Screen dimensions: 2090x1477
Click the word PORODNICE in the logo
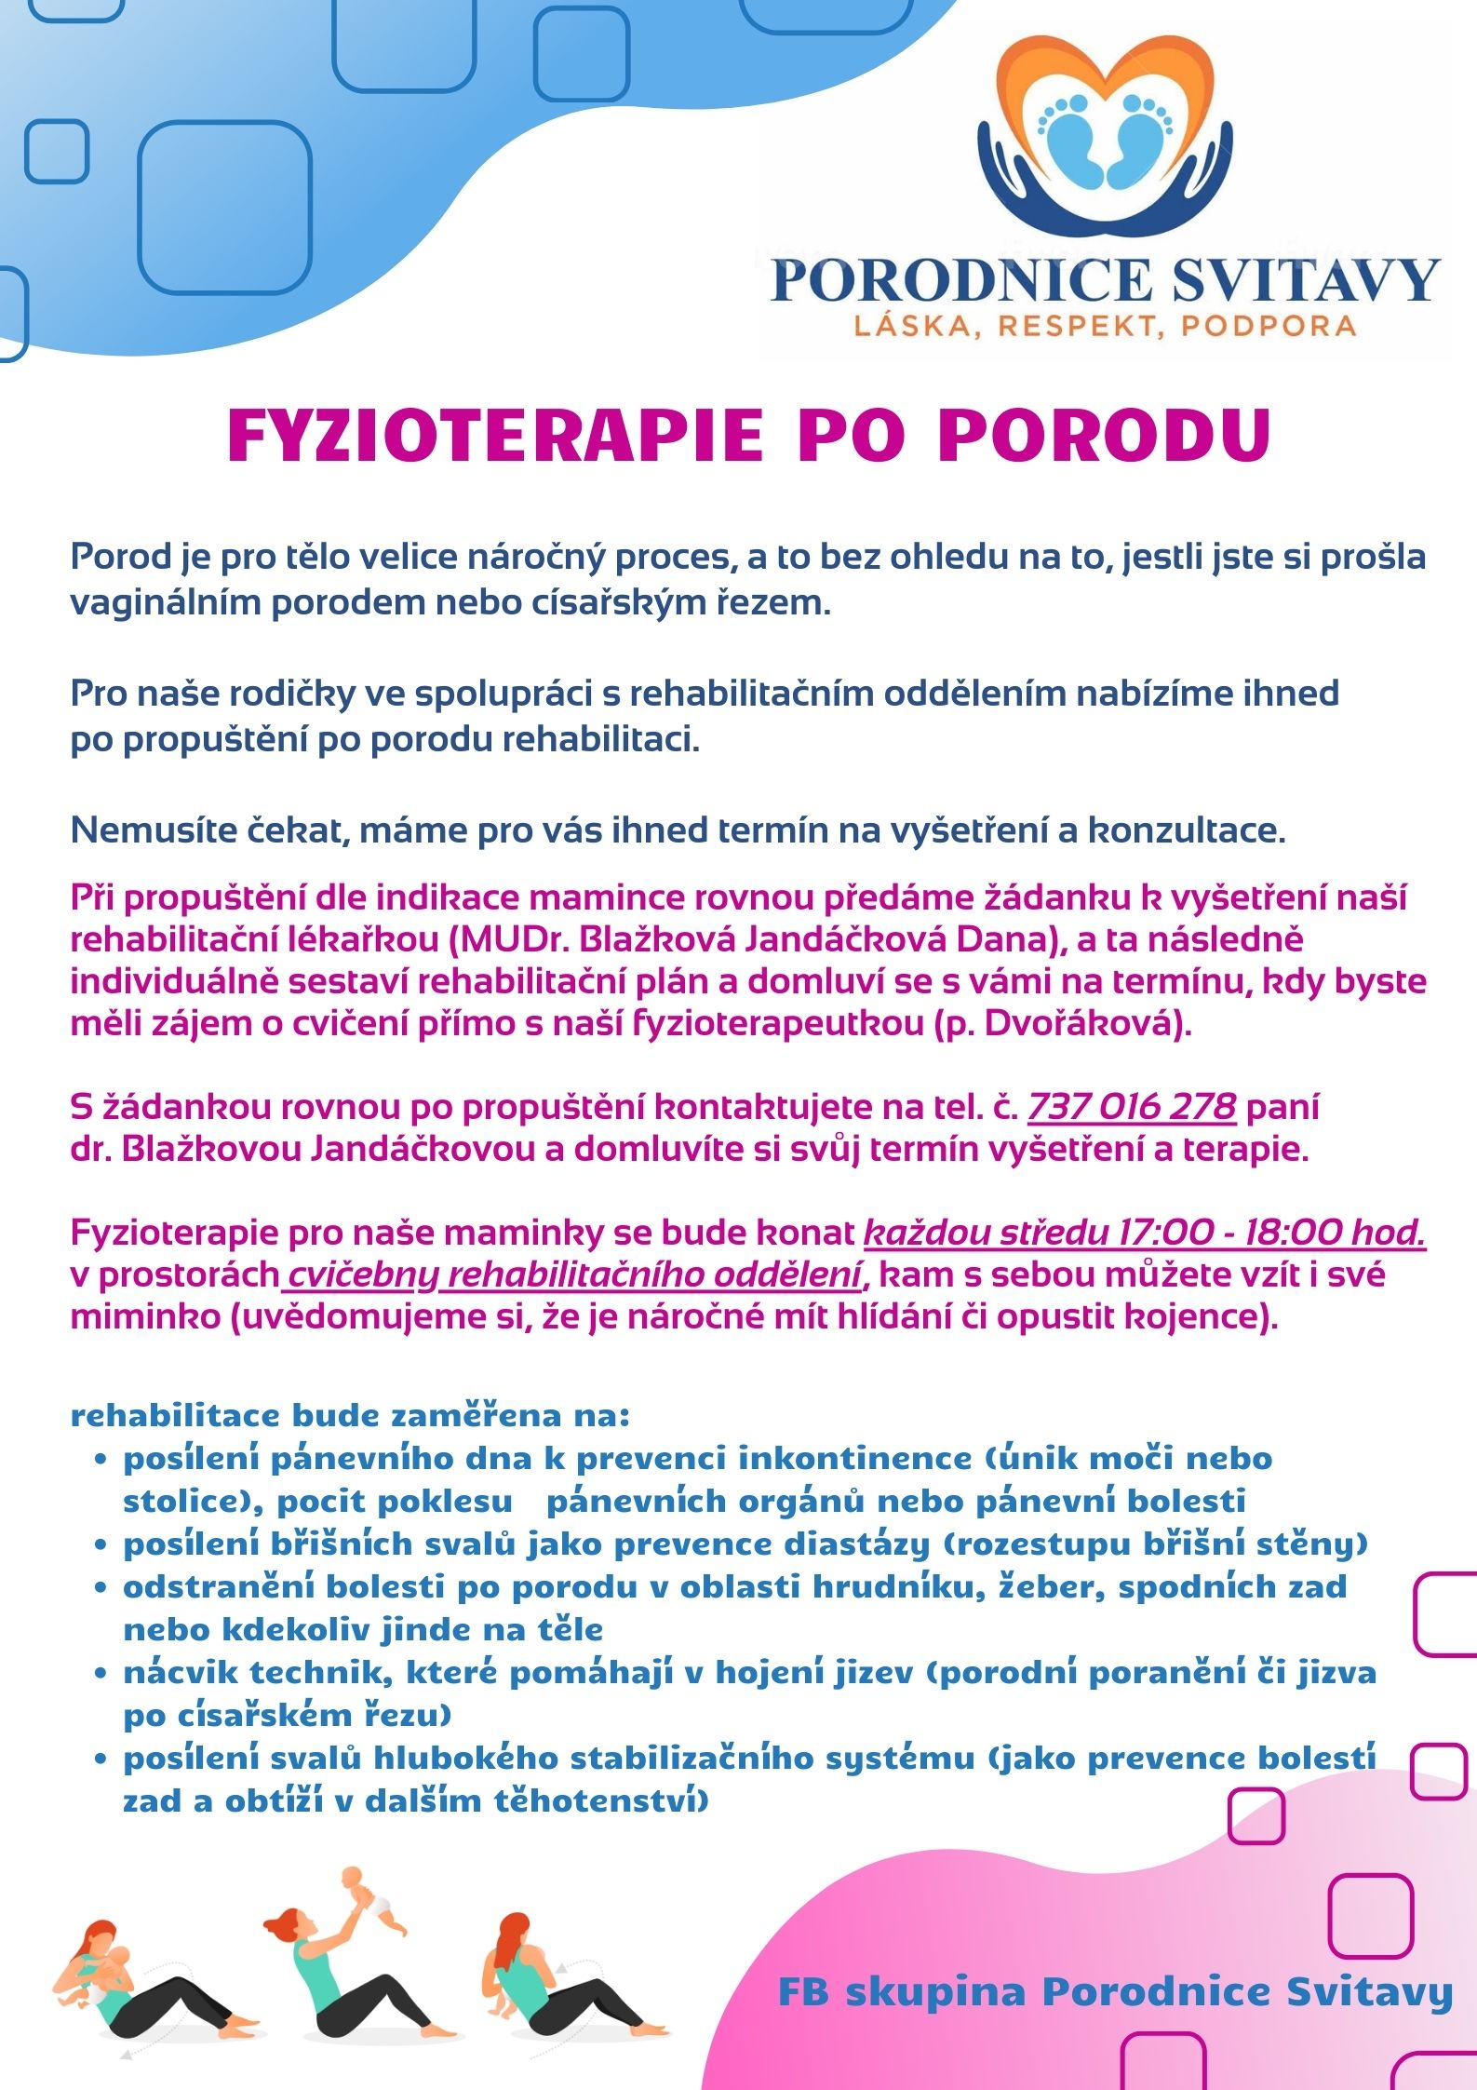961,280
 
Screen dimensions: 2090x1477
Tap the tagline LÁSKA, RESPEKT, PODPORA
1105,326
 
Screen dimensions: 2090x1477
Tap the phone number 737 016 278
1131,1107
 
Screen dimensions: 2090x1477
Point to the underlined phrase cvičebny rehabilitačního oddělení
574,1274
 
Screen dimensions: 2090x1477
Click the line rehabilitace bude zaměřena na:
350,1416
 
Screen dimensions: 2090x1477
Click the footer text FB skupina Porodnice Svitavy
1114,1992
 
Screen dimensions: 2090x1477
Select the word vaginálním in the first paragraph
165,603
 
